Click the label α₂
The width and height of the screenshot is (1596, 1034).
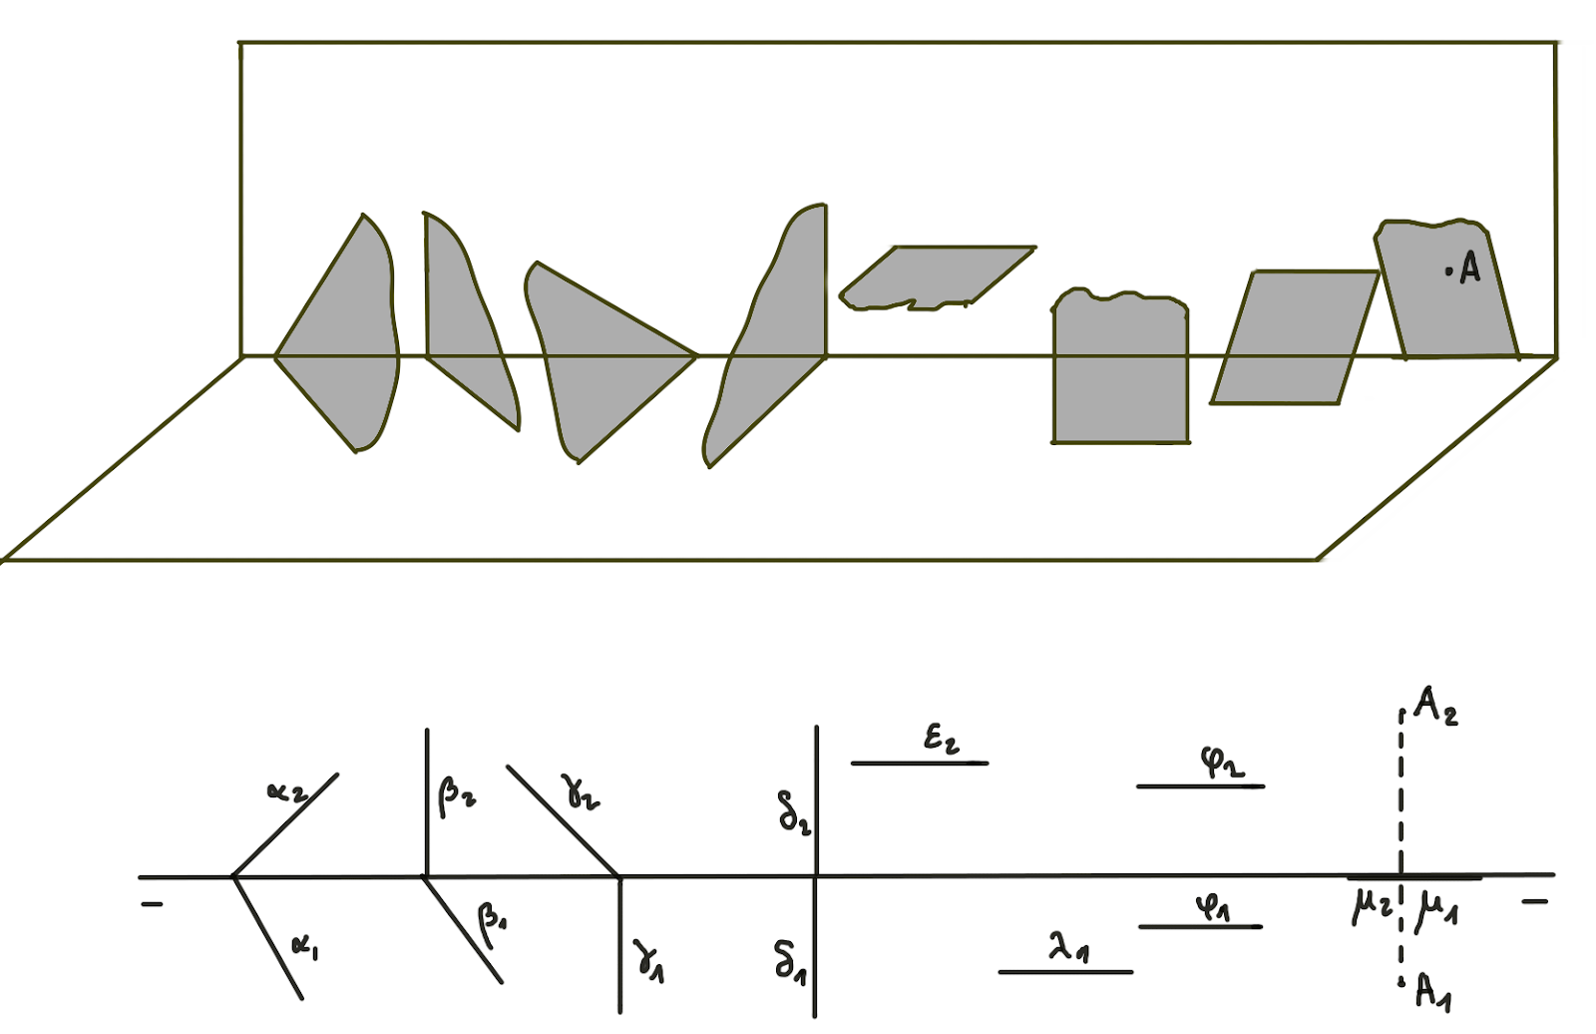click(x=287, y=791)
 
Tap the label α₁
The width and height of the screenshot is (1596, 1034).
click(x=305, y=948)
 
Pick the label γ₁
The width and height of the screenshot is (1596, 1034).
click(x=648, y=963)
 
